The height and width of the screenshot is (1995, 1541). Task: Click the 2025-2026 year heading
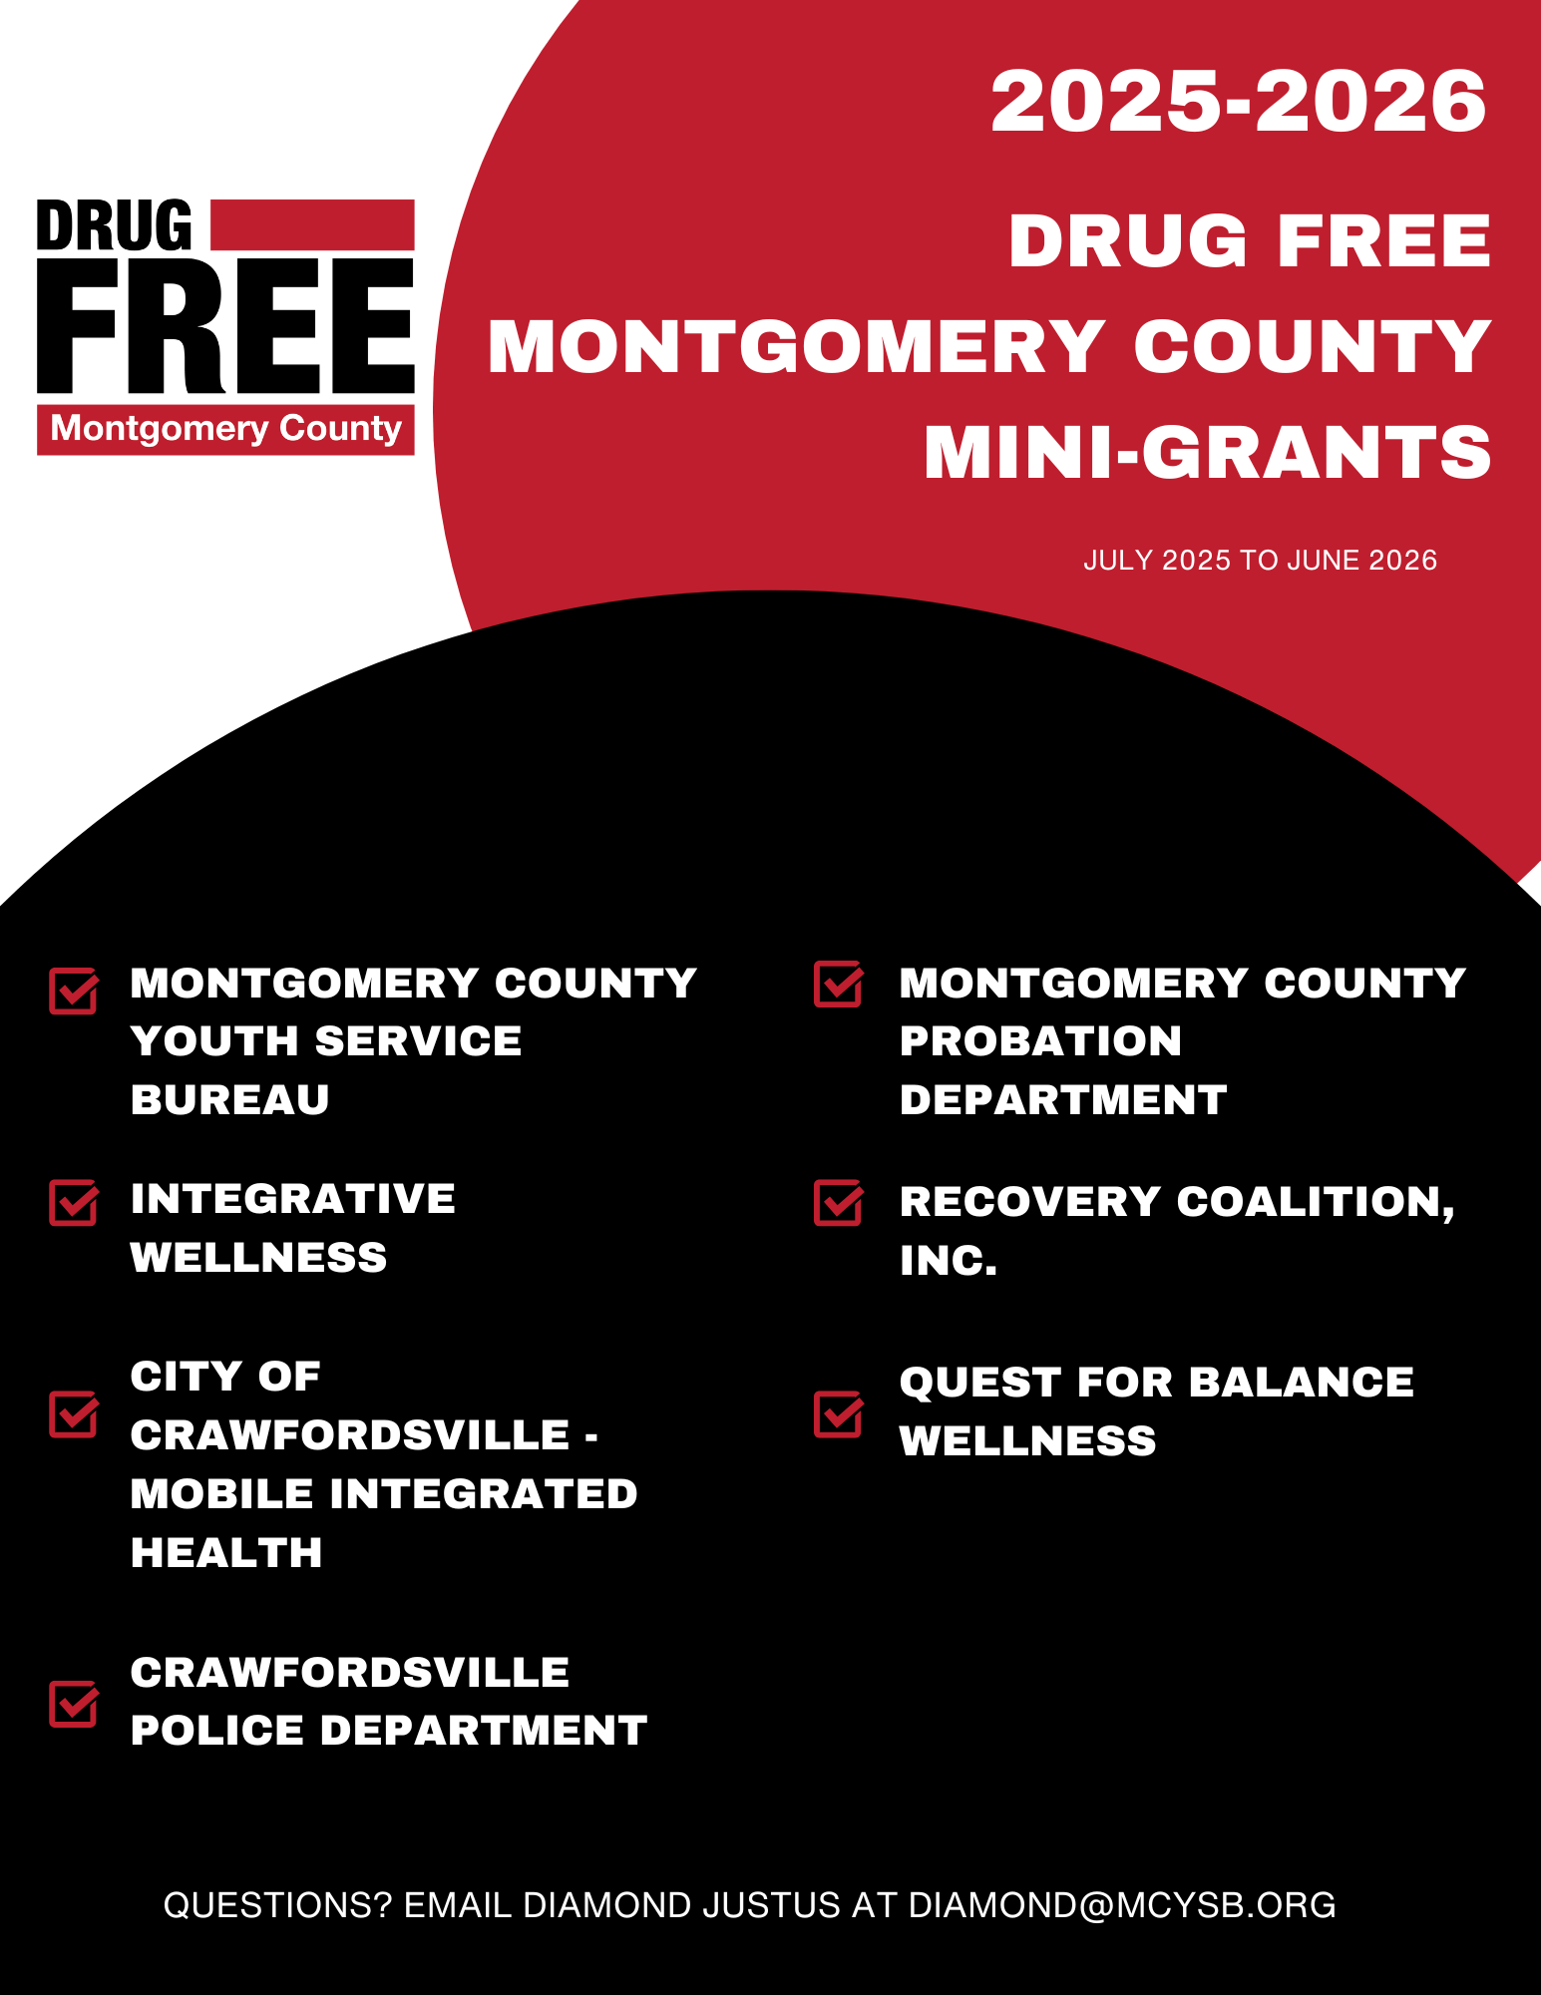(x=1238, y=102)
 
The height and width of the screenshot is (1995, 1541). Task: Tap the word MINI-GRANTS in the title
(x=1207, y=453)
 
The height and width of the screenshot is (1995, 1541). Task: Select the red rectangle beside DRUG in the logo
(x=312, y=224)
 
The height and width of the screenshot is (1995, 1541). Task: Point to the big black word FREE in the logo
(x=225, y=326)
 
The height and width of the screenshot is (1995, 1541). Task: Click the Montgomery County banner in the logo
(x=225, y=429)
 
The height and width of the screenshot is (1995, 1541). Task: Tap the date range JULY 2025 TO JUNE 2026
(x=1260, y=561)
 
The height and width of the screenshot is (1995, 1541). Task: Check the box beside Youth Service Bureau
(x=73, y=991)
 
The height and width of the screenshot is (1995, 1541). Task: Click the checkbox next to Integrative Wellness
(x=73, y=1202)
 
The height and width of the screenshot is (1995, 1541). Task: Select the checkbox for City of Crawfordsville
(x=73, y=1414)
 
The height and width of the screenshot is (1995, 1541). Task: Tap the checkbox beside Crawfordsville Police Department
(x=73, y=1704)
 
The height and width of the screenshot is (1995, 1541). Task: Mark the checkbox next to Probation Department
(x=838, y=984)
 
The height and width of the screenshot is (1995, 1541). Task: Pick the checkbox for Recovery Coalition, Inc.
(x=838, y=1202)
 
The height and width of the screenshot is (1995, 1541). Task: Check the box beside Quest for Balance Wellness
(x=838, y=1413)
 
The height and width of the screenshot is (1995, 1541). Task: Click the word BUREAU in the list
(x=229, y=1099)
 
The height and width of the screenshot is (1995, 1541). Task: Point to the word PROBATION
(x=1040, y=1041)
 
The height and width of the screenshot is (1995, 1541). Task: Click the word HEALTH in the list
(x=226, y=1552)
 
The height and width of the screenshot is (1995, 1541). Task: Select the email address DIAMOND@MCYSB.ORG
(x=1122, y=1905)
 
